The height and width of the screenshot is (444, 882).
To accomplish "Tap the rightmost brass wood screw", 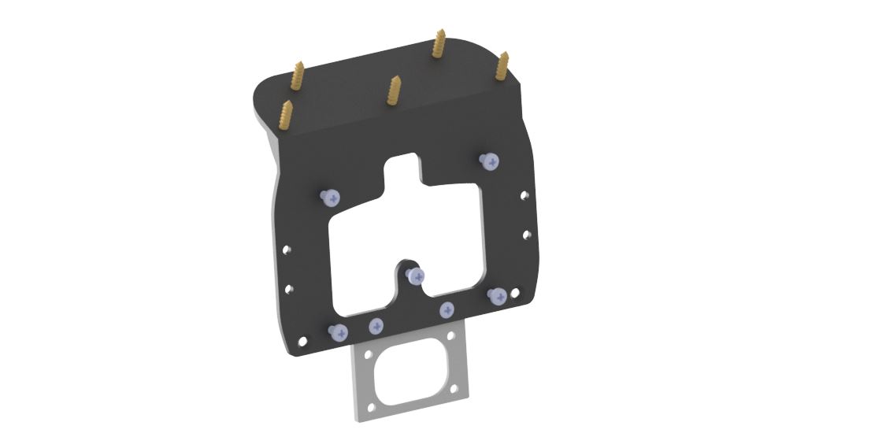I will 502,66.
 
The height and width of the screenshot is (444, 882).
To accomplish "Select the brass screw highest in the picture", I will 439,43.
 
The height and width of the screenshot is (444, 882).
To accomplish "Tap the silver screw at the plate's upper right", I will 490,162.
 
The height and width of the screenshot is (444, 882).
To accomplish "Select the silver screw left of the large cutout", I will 329,198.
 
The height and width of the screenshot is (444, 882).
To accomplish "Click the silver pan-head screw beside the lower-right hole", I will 498,296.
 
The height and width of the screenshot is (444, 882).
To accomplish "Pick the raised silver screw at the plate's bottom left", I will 339,331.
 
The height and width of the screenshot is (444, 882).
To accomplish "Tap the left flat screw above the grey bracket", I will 376,325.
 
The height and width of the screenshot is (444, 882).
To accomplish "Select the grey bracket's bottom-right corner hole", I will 458,390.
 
